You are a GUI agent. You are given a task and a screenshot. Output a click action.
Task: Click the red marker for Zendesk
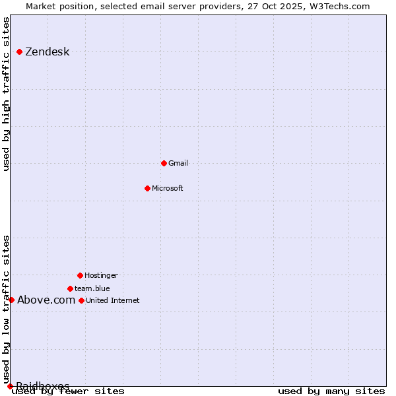20,51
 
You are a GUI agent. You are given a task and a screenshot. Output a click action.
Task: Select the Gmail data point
164,163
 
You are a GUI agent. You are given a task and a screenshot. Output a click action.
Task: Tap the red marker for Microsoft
148,188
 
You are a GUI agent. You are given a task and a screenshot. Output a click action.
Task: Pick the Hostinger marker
80,275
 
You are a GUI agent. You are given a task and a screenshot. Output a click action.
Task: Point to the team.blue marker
70,288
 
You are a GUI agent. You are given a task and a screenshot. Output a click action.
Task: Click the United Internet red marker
81,300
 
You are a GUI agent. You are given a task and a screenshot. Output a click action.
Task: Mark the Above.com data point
11,300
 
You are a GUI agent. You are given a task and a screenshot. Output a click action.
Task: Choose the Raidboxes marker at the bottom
10,386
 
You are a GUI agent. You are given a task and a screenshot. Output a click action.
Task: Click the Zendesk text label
47,52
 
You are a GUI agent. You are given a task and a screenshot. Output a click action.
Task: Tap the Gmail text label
178,163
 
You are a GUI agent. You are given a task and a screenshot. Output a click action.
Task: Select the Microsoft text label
168,188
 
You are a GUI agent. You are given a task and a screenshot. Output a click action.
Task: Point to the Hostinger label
101,275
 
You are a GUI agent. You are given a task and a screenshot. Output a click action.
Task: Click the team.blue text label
92,288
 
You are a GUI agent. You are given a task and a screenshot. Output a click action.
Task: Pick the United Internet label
113,300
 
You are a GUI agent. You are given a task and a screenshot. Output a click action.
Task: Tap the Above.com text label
46,300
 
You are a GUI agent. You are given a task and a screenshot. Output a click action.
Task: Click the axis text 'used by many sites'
331,391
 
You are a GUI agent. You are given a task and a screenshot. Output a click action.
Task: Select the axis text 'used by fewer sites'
69,391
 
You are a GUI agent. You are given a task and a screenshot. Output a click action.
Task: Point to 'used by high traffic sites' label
7,94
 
